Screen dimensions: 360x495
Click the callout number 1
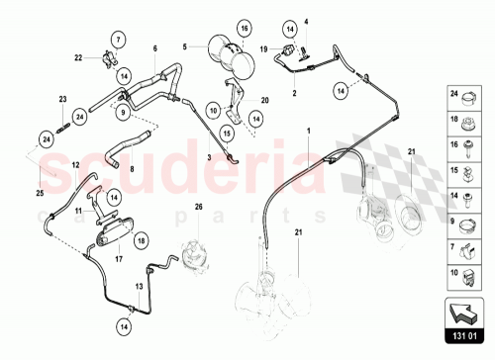coord(307,130)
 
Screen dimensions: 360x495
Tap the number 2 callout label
coord(294,92)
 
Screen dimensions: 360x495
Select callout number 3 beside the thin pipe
coord(209,157)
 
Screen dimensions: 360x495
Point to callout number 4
coord(306,22)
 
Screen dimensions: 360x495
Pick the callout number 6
coord(154,47)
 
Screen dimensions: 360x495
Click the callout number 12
coord(75,164)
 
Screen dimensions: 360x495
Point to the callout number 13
coord(140,285)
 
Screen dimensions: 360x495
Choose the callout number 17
coord(118,261)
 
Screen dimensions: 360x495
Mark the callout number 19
coord(263,47)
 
